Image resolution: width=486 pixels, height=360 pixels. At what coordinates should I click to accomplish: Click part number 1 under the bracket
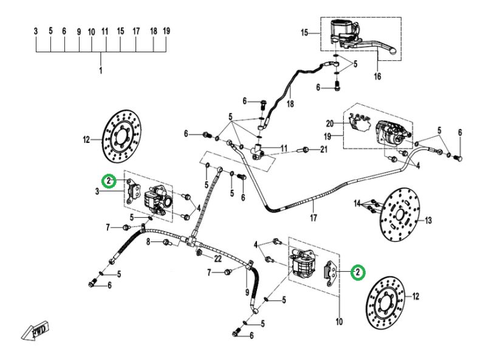click(x=101, y=71)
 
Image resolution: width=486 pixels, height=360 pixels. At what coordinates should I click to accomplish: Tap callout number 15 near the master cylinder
click(x=305, y=33)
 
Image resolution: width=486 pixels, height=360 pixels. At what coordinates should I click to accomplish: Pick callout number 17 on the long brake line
click(x=313, y=217)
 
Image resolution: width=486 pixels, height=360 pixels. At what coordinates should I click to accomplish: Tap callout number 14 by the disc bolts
click(x=358, y=203)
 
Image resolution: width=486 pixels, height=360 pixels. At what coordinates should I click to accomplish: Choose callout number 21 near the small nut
click(x=324, y=150)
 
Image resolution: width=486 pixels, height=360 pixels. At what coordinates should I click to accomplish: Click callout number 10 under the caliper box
click(x=338, y=320)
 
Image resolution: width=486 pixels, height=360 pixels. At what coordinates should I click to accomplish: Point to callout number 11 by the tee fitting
click(x=284, y=148)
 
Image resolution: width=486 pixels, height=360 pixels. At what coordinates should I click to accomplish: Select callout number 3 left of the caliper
click(x=97, y=193)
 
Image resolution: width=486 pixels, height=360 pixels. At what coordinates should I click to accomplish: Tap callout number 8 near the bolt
click(x=148, y=242)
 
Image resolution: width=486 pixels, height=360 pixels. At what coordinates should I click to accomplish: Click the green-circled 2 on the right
click(x=358, y=272)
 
